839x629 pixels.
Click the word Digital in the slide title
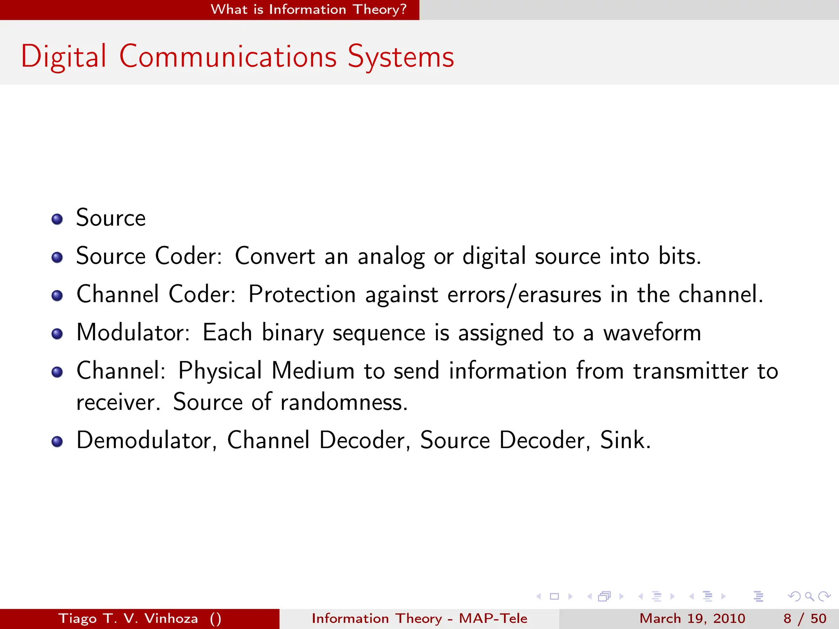(63, 57)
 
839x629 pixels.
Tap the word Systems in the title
(401, 57)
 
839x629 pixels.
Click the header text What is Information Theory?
(308, 9)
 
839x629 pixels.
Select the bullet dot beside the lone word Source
(57, 219)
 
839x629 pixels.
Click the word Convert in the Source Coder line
(275, 256)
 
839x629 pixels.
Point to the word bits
(679, 256)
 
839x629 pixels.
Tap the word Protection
(302, 294)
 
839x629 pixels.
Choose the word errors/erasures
(524, 294)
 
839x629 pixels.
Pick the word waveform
(652, 333)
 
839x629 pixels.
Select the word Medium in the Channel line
(313, 371)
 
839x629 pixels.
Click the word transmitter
(691, 371)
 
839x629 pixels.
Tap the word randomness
(344, 402)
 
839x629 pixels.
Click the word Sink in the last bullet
(625, 441)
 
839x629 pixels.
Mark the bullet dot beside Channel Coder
(57, 296)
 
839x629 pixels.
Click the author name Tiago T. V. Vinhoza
(128, 618)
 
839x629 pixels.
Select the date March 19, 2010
(692, 618)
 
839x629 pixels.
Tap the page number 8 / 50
(805, 618)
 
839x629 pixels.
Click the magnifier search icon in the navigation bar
(809, 596)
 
